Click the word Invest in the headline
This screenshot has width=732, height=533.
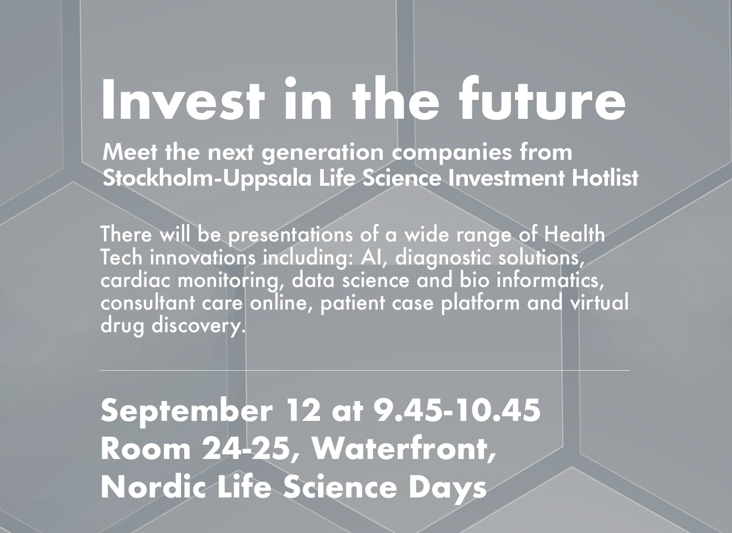(x=183, y=98)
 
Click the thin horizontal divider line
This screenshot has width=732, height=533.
(x=365, y=370)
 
